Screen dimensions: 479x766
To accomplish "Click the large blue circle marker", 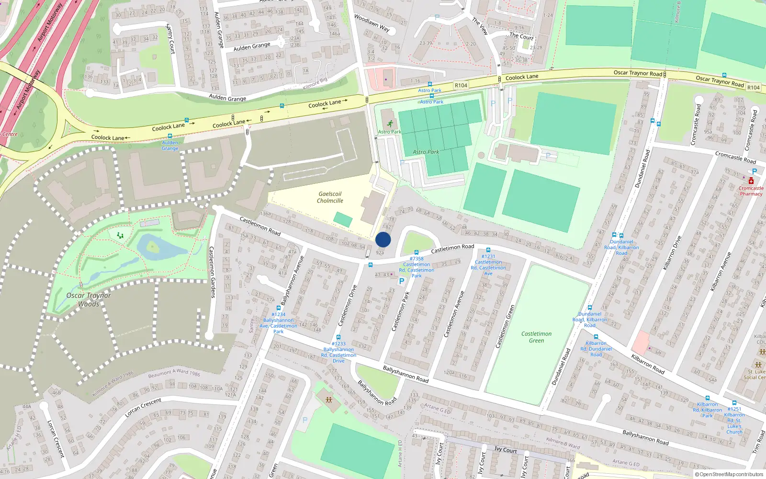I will (383, 239).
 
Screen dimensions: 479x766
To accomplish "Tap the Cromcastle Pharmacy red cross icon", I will (751, 181).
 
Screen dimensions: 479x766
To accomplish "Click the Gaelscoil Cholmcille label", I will (330, 197).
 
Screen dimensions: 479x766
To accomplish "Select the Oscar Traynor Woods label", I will (89, 299).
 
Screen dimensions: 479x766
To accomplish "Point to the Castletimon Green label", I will (536, 337).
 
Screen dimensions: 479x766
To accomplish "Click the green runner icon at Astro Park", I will (390, 124).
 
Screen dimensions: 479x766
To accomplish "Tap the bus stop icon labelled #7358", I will (417, 252).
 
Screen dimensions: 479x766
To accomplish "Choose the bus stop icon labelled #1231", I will (488, 250).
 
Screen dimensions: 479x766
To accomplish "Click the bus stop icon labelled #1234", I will (279, 308).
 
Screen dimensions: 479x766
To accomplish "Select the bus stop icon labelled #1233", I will (338, 338).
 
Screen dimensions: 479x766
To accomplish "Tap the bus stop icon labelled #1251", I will (734, 403).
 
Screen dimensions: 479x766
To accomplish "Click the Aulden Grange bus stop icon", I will (169, 136).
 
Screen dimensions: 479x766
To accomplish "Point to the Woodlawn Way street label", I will (372, 23).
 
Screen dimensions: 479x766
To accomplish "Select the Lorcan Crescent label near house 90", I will (143, 407).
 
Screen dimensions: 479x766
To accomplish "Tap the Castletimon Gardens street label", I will (212, 272).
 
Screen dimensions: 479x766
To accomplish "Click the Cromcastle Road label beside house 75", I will (735, 157).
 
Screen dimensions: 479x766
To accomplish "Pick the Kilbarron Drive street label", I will (672, 252).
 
